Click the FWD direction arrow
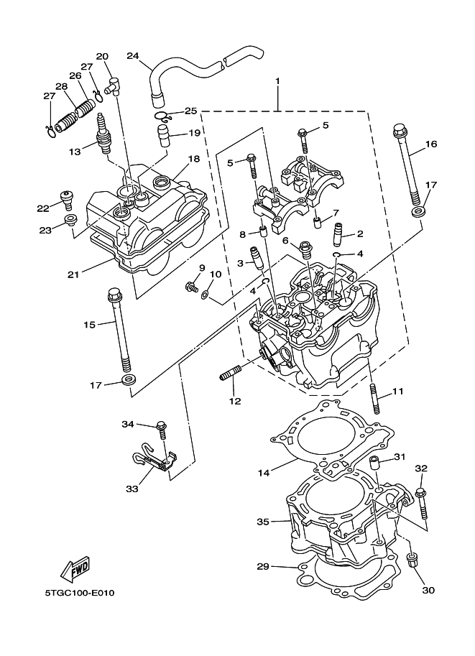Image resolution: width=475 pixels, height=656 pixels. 75,570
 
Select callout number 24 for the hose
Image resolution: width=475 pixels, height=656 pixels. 132,55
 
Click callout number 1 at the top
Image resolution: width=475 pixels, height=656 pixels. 278,81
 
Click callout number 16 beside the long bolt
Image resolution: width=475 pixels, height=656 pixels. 430,144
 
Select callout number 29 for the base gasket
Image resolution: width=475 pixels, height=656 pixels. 263,567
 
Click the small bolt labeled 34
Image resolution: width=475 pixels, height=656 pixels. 162,431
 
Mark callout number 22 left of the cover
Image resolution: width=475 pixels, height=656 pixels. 43,208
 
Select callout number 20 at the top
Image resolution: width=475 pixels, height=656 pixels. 101,56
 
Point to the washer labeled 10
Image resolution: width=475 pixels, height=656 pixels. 205,294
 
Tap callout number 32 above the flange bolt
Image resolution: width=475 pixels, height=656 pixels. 420,468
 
